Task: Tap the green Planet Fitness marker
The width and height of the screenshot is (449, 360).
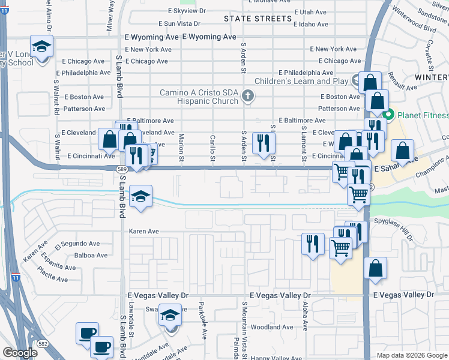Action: tap(388, 115)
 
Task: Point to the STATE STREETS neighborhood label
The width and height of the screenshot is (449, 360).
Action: tap(258, 19)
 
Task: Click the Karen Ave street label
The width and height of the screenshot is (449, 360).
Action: tap(145, 231)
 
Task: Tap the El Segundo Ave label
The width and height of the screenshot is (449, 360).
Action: tap(73, 246)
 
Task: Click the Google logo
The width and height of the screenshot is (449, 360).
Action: tap(19, 353)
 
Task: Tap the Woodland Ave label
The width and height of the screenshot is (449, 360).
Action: tap(272, 327)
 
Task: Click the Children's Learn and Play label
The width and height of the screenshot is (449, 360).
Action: tap(301, 81)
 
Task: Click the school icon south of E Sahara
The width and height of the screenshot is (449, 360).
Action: tap(140, 196)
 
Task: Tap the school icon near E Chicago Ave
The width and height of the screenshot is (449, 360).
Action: tap(42, 46)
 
